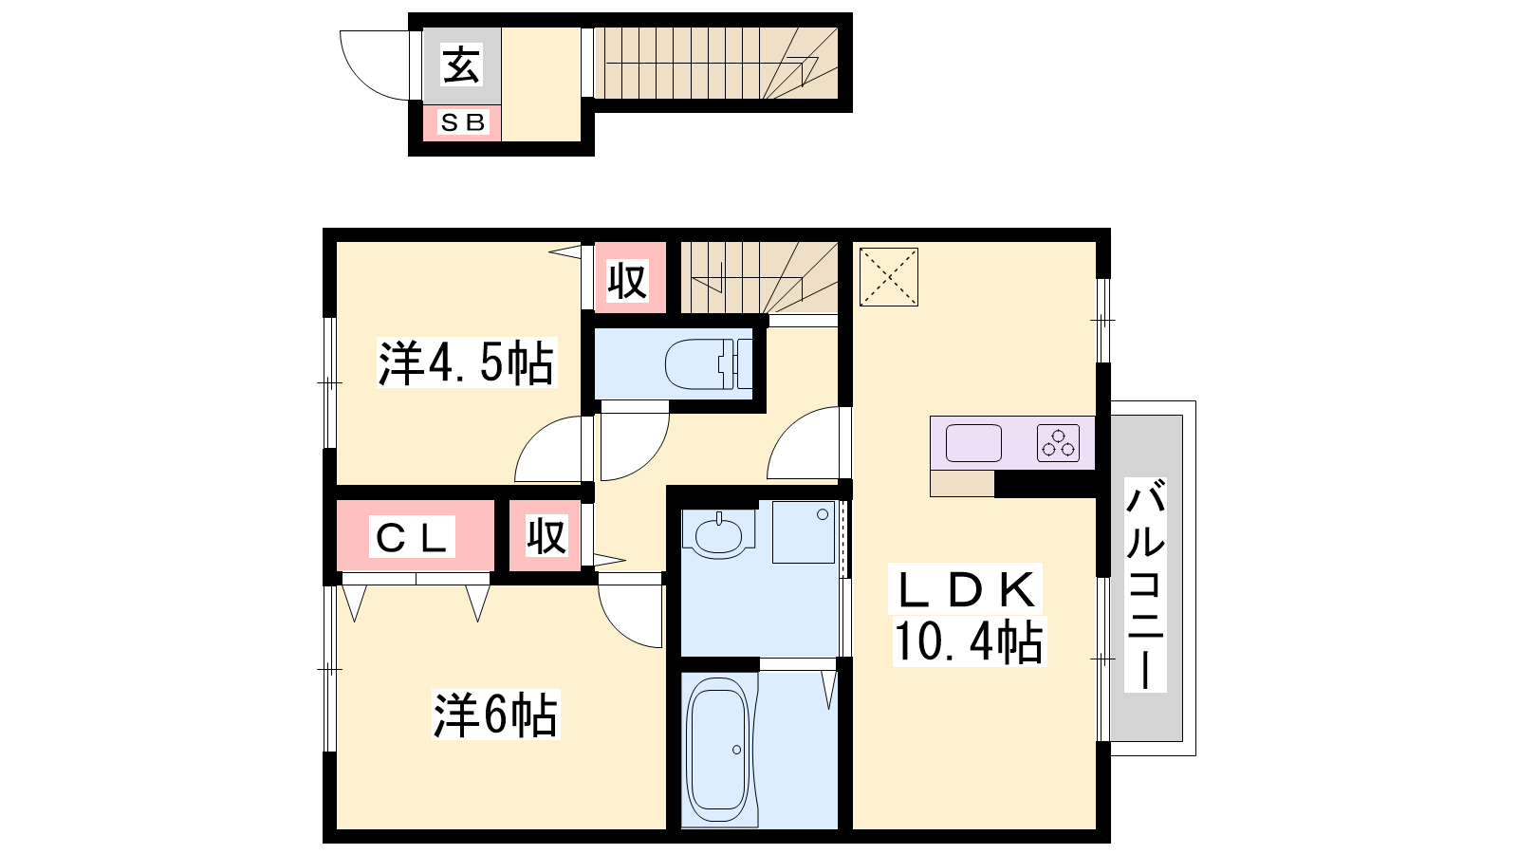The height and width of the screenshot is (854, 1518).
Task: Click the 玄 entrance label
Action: (461, 65)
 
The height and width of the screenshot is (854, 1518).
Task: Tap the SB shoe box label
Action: (463, 122)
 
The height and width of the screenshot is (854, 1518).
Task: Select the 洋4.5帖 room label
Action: (466, 363)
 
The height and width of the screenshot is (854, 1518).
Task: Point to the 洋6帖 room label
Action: (495, 715)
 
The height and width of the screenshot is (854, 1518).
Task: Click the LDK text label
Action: (967, 589)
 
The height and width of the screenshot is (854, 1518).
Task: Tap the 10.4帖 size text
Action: (969, 641)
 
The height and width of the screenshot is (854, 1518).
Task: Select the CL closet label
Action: (412, 537)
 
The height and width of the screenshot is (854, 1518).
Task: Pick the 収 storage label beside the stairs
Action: (627, 281)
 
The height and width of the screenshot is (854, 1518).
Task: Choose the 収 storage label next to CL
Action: (546, 536)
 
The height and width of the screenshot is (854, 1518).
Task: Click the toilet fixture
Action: (709, 364)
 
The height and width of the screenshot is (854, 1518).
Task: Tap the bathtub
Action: (718, 750)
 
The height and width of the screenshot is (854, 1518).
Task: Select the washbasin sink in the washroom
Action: (718, 533)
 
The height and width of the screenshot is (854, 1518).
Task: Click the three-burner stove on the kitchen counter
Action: (1058, 443)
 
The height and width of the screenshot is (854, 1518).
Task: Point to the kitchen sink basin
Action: (973, 443)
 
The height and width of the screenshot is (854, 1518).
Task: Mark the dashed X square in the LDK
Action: (888, 277)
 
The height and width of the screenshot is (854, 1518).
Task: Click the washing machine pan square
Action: (804, 532)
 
